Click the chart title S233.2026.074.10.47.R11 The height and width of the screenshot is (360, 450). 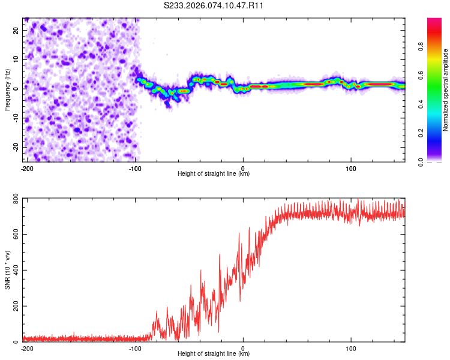click(214, 5)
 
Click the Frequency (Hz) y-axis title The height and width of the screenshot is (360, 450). click(7, 90)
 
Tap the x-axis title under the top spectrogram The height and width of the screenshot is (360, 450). click(214, 173)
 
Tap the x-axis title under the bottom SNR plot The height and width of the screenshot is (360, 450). click(214, 353)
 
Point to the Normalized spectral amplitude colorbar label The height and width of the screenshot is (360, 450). click(445, 90)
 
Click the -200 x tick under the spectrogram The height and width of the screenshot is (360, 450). click(26, 167)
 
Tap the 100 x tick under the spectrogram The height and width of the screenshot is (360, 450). click(351, 167)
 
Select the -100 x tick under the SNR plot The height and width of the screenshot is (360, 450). click(135, 347)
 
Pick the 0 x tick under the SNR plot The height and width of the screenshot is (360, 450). click(243, 347)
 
